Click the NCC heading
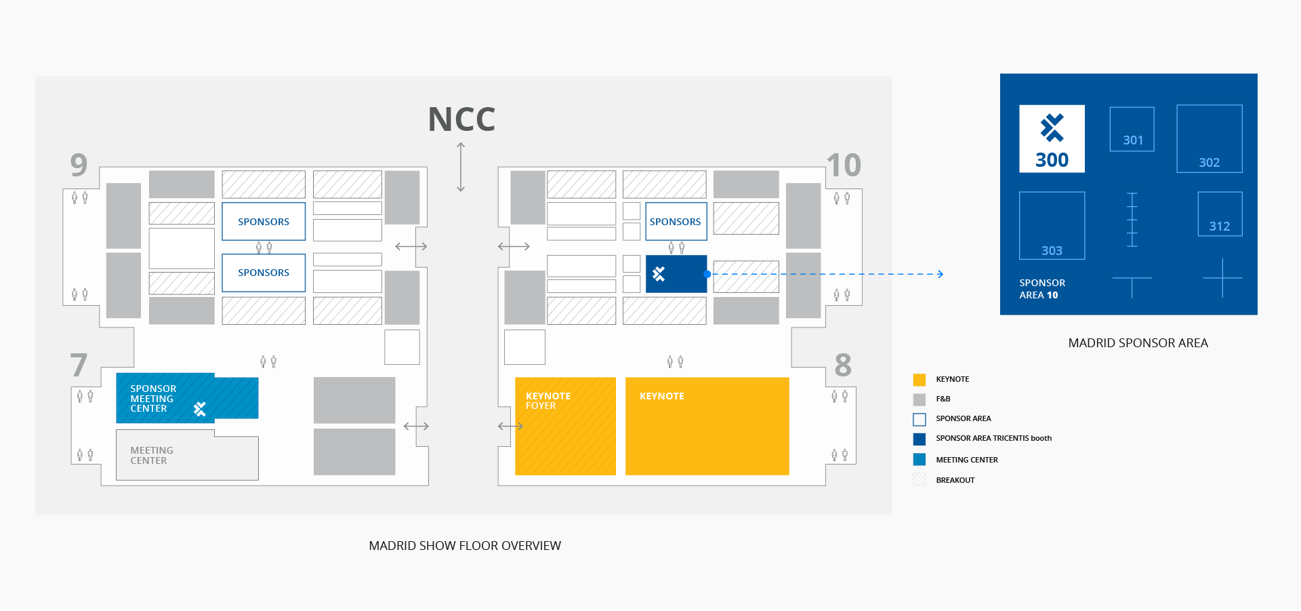[461, 120]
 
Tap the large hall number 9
[79, 165]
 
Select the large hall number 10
[844, 165]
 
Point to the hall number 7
[79, 366]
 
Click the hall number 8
[843, 366]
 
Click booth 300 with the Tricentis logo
[1052, 138]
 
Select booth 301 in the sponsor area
[1132, 129]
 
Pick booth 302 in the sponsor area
[1209, 138]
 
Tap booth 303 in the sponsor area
[1052, 225]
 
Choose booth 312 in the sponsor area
[1220, 214]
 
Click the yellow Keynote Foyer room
[565, 426]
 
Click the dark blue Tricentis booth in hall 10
[676, 274]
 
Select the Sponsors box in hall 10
[676, 221]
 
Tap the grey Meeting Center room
[186, 458]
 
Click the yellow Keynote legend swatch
[919, 380]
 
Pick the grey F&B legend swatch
[919, 399]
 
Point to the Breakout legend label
[955, 480]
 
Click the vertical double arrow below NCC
[461, 167]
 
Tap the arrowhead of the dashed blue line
[940, 274]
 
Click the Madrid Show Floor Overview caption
[465, 546]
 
